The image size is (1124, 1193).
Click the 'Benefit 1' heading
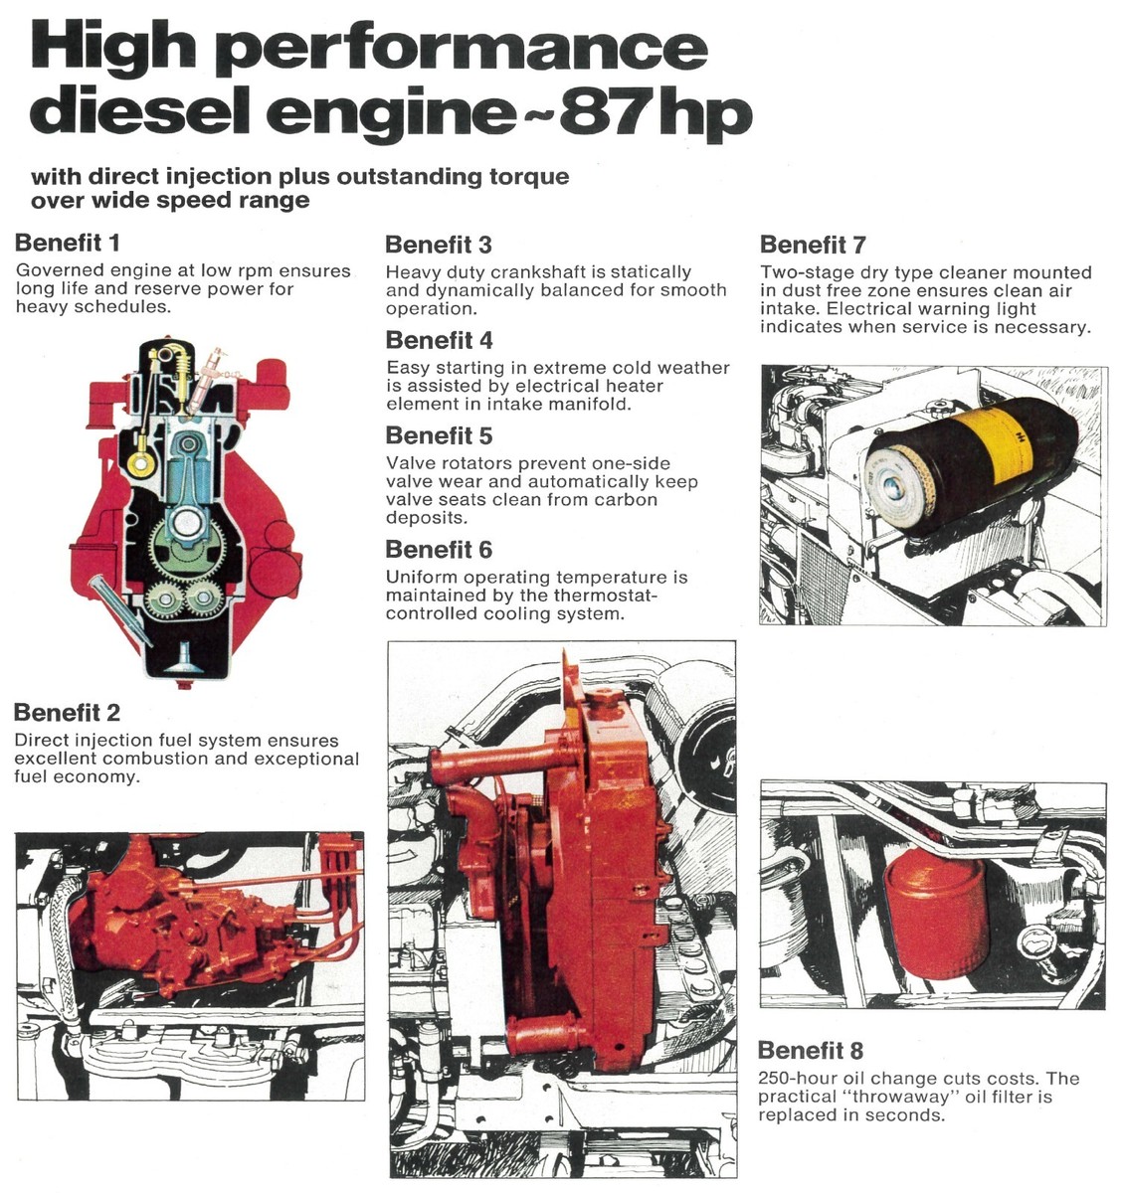click(x=68, y=243)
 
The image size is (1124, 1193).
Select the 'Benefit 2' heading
click(x=68, y=713)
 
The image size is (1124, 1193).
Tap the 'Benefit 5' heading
click(x=439, y=435)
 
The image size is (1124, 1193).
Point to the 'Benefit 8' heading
click(x=811, y=1051)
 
